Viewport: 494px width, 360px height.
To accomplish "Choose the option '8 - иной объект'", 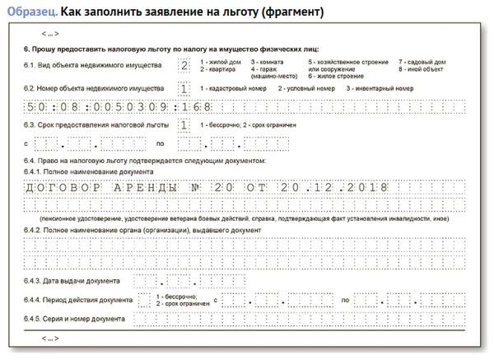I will point(422,71).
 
